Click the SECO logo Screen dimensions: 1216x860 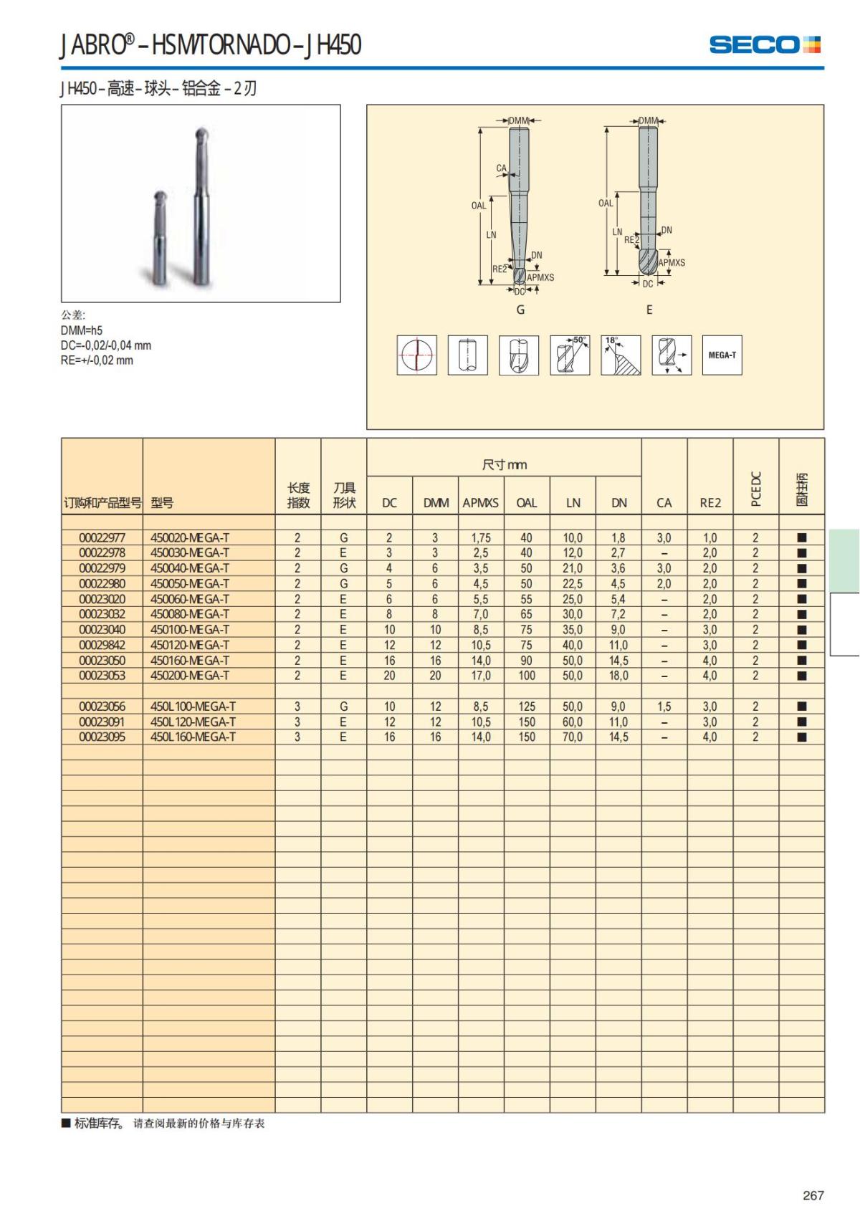click(764, 44)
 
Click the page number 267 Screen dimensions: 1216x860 click(813, 1195)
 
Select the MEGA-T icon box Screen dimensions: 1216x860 click(722, 355)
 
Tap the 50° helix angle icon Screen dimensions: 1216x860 click(570, 355)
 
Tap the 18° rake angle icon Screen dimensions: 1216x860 click(621, 355)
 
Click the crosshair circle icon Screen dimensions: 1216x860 click(417, 355)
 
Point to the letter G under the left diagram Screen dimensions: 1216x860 click(520, 310)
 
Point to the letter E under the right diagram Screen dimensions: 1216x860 click(649, 310)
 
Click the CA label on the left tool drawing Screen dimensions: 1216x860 click(501, 168)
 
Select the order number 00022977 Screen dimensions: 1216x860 click(102, 537)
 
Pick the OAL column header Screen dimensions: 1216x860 click(526, 503)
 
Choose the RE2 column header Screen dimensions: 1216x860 click(710, 503)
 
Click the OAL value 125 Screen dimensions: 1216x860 click(527, 707)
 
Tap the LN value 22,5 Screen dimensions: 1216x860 click(573, 584)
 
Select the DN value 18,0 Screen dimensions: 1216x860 click(618, 676)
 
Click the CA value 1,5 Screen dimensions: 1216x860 click(664, 707)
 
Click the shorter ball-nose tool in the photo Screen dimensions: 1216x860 click(161, 236)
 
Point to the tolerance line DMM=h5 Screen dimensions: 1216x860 click(82, 330)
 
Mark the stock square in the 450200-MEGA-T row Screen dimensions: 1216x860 click(802, 676)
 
